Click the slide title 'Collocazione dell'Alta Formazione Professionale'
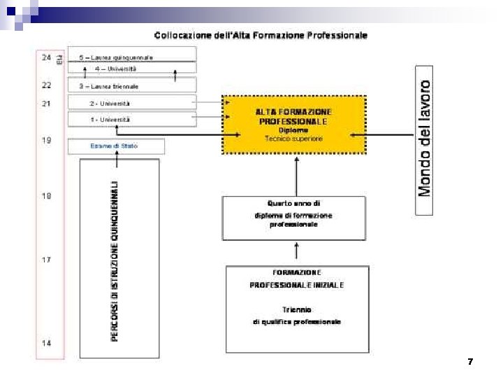click(x=261, y=35)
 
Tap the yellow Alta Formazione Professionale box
click(x=294, y=125)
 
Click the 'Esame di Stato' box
click(x=116, y=146)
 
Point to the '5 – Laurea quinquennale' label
click(x=116, y=57)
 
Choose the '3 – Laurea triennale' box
click(x=132, y=86)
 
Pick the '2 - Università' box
click(x=132, y=103)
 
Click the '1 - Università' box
click(x=132, y=120)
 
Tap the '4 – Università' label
click(x=116, y=69)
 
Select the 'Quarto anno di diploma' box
click(x=294, y=218)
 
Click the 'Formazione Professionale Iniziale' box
click(x=297, y=309)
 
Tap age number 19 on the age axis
click(x=46, y=141)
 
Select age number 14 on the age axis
click(x=46, y=343)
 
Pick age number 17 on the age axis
click(x=46, y=260)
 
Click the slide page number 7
click(x=470, y=362)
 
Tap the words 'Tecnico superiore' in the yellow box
click(x=294, y=139)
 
